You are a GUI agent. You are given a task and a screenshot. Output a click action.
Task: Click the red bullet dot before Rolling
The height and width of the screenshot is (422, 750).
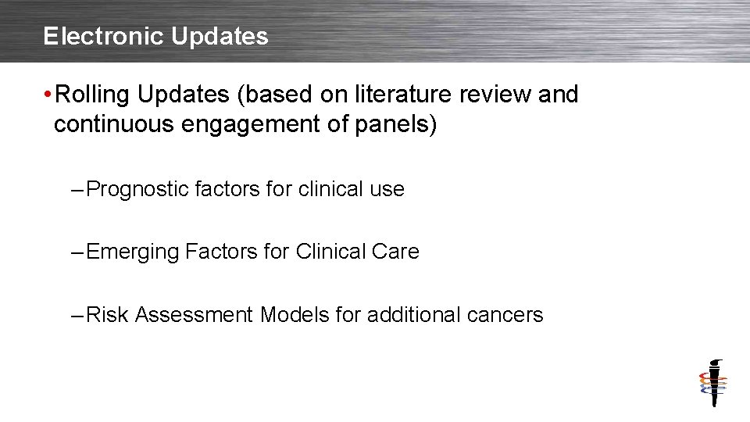48,95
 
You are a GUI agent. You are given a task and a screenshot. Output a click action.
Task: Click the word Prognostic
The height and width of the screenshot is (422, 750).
137,189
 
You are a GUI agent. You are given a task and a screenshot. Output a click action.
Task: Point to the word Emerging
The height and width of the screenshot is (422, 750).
133,252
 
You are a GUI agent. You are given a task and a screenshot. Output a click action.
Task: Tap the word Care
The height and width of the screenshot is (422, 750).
397,252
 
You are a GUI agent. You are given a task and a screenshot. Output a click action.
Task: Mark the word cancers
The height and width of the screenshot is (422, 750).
505,315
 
